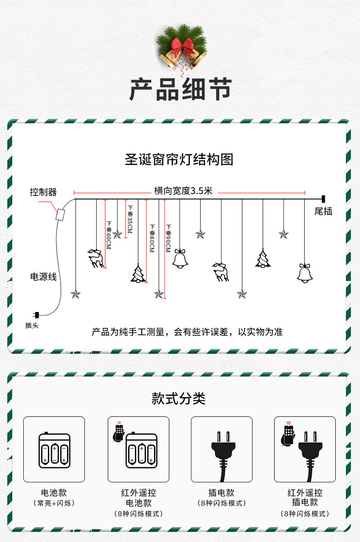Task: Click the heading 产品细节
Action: click(x=180, y=89)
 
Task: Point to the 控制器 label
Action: click(x=43, y=192)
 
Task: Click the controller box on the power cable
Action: click(x=60, y=215)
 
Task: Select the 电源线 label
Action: click(x=43, y=276)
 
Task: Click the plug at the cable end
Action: click(x=36, y=314)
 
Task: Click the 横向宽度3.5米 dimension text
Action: click(x=184, y=191)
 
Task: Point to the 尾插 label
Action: click(x=323, y=211)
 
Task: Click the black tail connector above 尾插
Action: click(x=323, y=199)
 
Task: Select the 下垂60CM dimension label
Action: click(x=109, y=235)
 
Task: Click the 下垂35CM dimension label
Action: click(x=129, y=219)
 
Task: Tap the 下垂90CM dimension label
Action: click(x=168, y=239)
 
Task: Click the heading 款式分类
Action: click(x=179, y=399)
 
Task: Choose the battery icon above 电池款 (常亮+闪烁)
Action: click(x=54, y=449)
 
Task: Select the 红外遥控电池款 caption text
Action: click(x=139, y=498)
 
